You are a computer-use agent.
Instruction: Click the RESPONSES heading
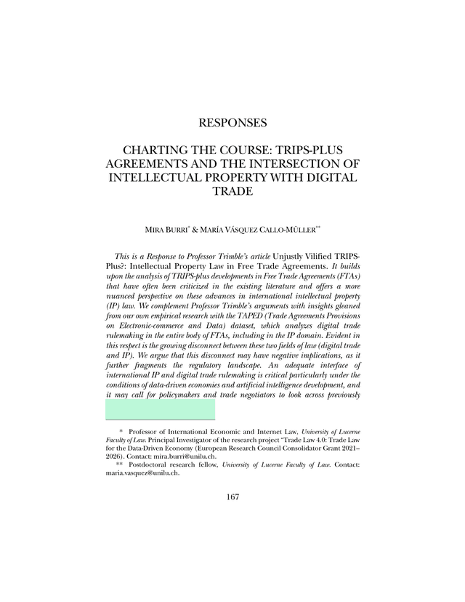click(232, 123)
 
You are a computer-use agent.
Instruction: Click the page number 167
click(232, 497)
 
